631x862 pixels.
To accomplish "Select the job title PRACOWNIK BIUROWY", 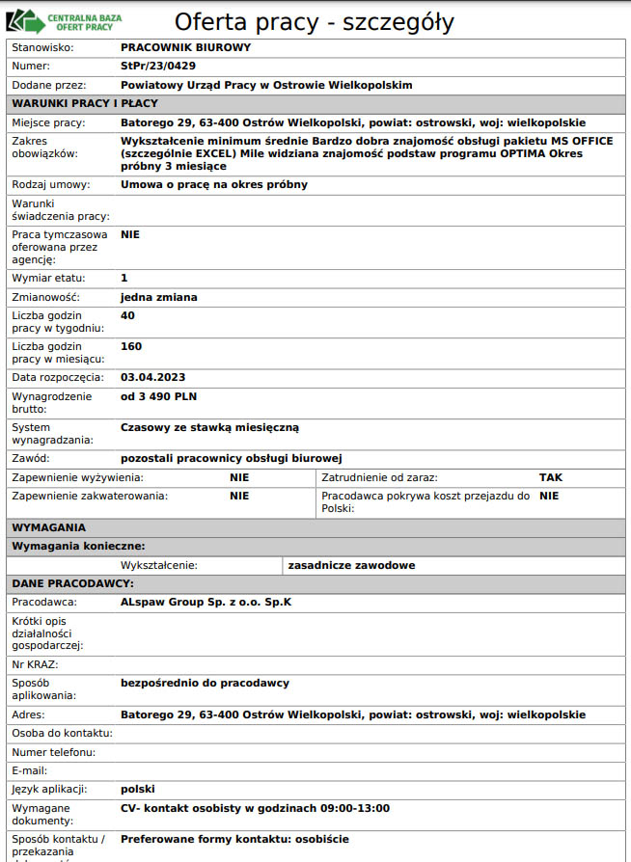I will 185,46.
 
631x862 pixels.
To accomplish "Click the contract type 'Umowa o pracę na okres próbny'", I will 213,184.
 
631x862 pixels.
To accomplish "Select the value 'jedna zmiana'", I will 158,297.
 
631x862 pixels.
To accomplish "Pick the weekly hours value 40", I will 127,315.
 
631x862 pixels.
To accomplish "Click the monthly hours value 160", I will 131,346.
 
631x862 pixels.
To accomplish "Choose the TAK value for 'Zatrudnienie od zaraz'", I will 550,477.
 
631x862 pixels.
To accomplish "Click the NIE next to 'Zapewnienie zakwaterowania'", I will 239,496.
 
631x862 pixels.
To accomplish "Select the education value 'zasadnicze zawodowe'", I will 351,565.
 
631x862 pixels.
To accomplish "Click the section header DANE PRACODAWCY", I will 72,583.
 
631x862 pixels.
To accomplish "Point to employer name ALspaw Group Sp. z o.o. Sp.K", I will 206,602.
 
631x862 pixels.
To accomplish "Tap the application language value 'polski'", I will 138,789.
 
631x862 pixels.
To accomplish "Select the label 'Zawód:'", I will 31,458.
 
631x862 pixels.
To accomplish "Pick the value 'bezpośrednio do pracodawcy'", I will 205,683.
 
